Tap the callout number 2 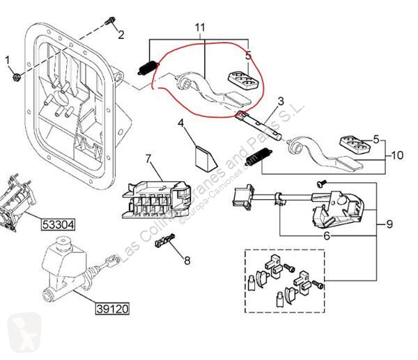(x=120, y=34)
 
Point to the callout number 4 (x=180, y=125)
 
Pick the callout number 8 (x=186, y=260)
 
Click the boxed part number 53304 (x=56, y=224)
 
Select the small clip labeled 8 (x=165, y=243)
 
